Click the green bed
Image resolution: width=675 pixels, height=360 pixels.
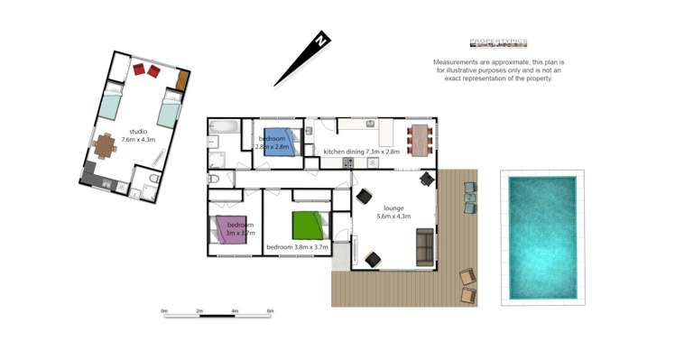pos(308,224)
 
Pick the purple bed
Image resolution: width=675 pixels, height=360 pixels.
pos(224,230)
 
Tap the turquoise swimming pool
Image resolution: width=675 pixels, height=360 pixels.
pos(542,236)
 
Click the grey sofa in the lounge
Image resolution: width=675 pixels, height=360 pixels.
pos(424,246)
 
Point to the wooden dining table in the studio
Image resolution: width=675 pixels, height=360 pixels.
pos(107,145)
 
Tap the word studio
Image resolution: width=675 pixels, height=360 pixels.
pos(138,132)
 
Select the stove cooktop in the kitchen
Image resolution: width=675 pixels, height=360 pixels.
pos(347,162)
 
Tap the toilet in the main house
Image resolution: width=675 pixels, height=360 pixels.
pos(213,179)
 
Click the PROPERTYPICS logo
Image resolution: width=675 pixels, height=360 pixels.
pos(498,42)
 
